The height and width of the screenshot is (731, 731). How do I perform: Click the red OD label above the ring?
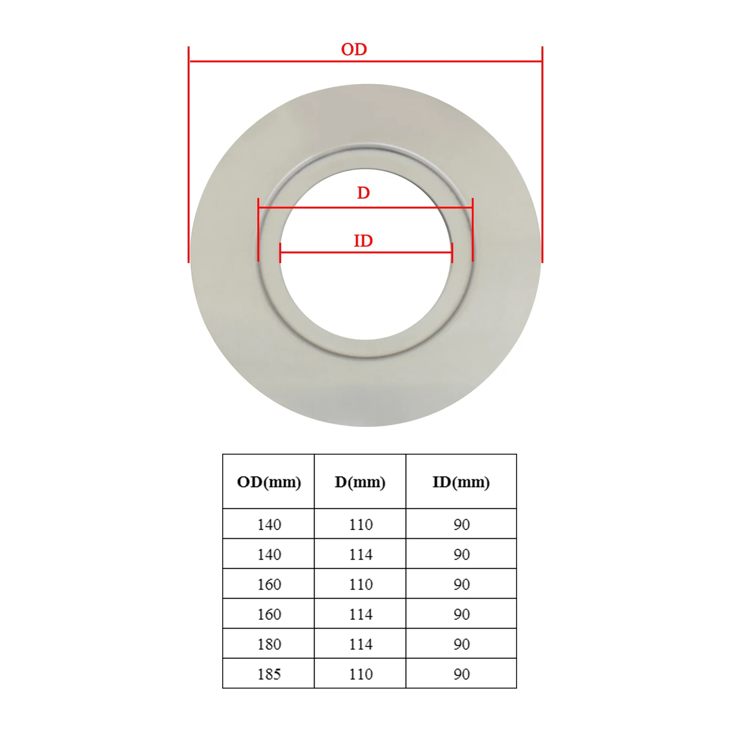click(x=354, y=49)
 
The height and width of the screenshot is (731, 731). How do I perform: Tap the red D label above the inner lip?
click(x=364, y=193)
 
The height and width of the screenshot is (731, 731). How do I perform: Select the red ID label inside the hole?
click(x=363, y=241)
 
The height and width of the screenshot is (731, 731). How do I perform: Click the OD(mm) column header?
click(x=269, y=482)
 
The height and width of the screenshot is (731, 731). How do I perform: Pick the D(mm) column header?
click(x=360, y=482)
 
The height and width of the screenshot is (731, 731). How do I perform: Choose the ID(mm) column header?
click(x=461, y=482)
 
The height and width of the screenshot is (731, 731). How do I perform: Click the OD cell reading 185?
click(x=269, y=674)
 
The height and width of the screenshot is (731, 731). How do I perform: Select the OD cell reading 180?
click(x=269, y=644)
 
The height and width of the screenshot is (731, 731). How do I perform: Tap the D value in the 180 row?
click(x=361, y=644)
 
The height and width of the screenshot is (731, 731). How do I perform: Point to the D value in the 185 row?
click(x=361, y=674)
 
